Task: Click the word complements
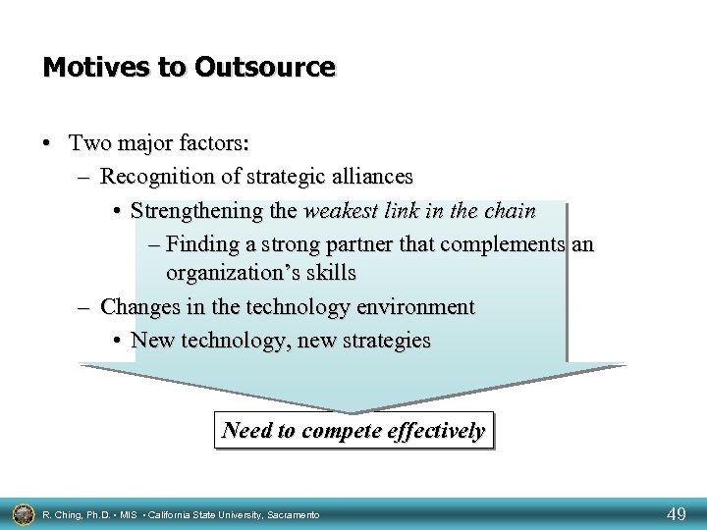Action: [501, 242]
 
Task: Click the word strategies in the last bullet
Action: [380, 341]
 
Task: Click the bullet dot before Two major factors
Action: [48, 143]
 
